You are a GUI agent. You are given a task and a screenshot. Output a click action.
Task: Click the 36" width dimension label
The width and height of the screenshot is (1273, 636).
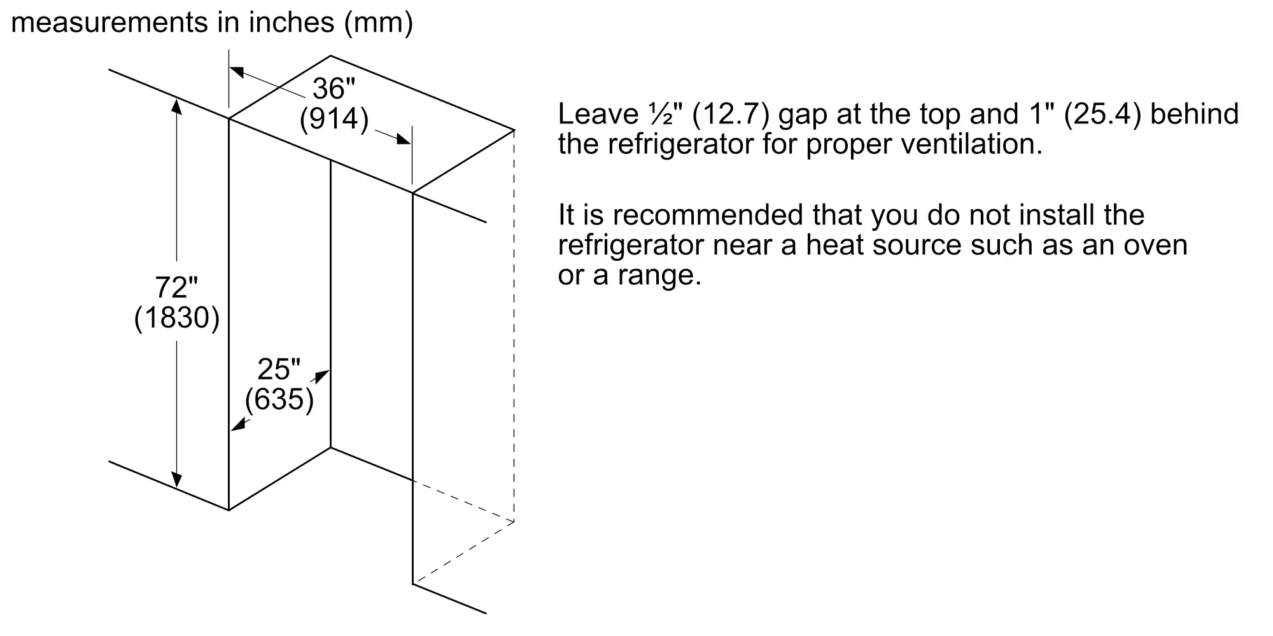[x=334, y=88]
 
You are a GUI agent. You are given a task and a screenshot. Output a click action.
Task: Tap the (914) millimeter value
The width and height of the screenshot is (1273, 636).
[x=334, y=119]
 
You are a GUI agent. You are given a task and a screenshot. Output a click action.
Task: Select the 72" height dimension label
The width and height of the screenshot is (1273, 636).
[x=176, y=287]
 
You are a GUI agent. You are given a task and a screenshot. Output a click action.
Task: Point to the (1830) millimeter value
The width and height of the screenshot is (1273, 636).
[x=177, y=318]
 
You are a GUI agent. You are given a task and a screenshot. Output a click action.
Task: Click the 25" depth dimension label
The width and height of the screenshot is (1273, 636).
[x=279, y=370]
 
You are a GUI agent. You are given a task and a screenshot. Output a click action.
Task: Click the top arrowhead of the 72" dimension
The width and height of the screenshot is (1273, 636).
[x=177, y=107]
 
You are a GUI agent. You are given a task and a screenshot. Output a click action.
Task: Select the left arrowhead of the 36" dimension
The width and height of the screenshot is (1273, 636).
[x=237, y=72]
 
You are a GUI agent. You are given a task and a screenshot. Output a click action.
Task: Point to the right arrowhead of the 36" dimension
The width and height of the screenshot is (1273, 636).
[x=403, y=139]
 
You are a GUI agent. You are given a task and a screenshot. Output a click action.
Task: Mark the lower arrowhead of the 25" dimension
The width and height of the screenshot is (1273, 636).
[x=237, y=425]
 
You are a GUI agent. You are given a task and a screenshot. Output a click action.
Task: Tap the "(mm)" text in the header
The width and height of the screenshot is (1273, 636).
[x=378, y=24]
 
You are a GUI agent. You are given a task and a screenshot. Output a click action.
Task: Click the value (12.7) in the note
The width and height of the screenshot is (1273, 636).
[x=731, y=115]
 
